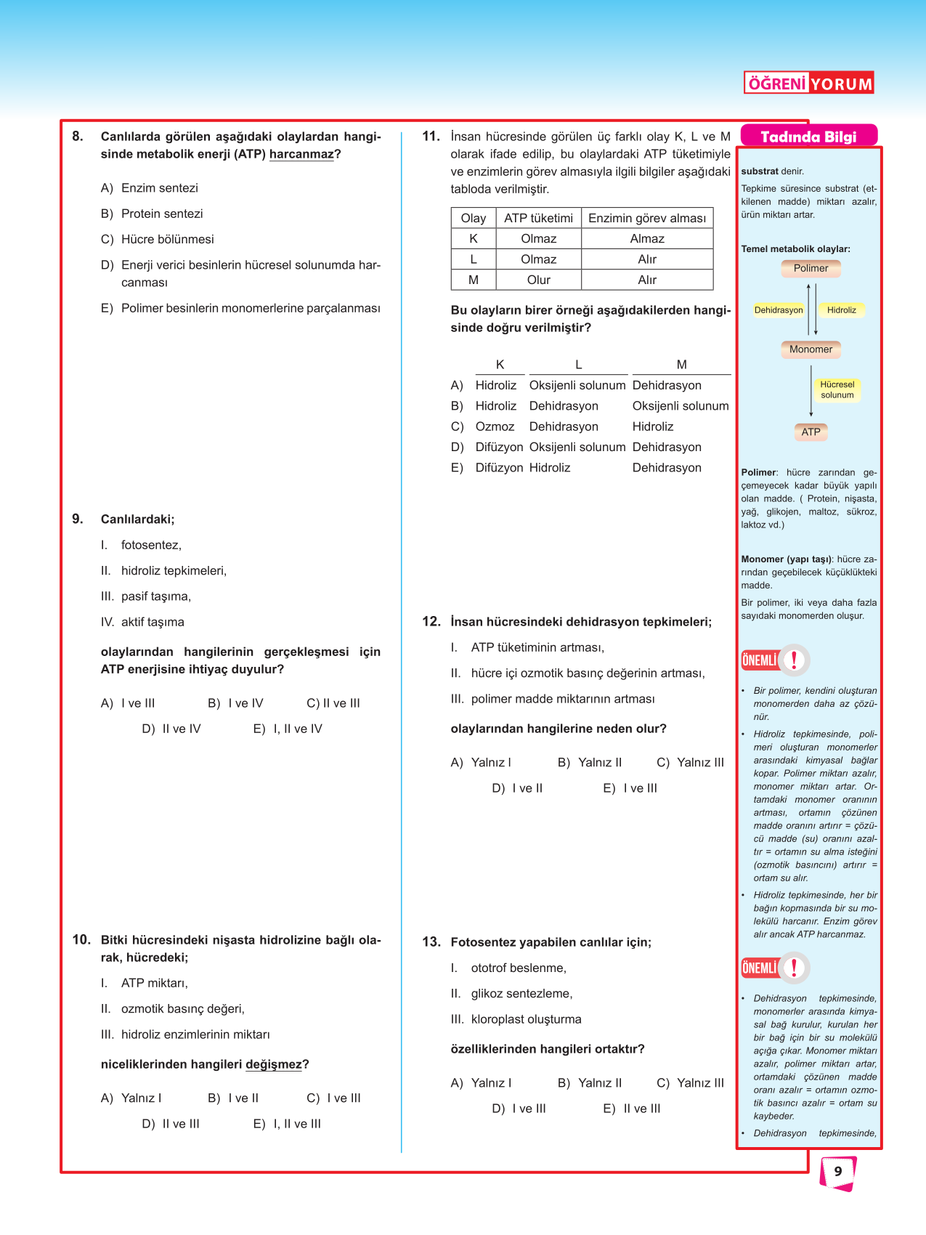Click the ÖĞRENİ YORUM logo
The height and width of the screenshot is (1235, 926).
tap(808, 83)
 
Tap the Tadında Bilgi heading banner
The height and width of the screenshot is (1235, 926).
tap(808, 137)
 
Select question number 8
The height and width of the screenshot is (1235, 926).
tap(78, 136)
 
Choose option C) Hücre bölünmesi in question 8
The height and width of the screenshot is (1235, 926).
tap(158, 239)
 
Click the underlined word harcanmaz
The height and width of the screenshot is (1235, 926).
tap(301, 154)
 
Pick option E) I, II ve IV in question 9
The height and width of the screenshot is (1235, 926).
tap(288, 729)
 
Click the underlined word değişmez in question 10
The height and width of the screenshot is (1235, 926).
tap(273, 1064)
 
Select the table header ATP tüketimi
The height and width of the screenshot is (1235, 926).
tap(538, 218)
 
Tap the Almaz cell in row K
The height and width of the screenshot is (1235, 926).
tap(647, 238)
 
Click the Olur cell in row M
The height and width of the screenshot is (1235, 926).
tap(538, 280)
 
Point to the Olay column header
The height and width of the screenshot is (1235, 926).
tap(474, 218)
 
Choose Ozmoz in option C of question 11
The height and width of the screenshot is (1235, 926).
tap(495, 426)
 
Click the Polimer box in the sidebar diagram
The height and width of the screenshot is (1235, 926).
tap(811, 268)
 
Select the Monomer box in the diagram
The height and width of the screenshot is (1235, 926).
tap(811, 349)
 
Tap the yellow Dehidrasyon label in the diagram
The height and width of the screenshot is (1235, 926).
tap(779, 310)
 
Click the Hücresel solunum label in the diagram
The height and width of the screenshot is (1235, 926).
tap(837, 390)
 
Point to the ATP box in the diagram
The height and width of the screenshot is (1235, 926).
tap(811, 432)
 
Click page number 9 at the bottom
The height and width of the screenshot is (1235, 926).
tap(838, 1171)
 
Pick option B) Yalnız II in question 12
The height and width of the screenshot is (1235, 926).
tap(590, 762)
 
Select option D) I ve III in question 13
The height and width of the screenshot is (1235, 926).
tap(519, 1109)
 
